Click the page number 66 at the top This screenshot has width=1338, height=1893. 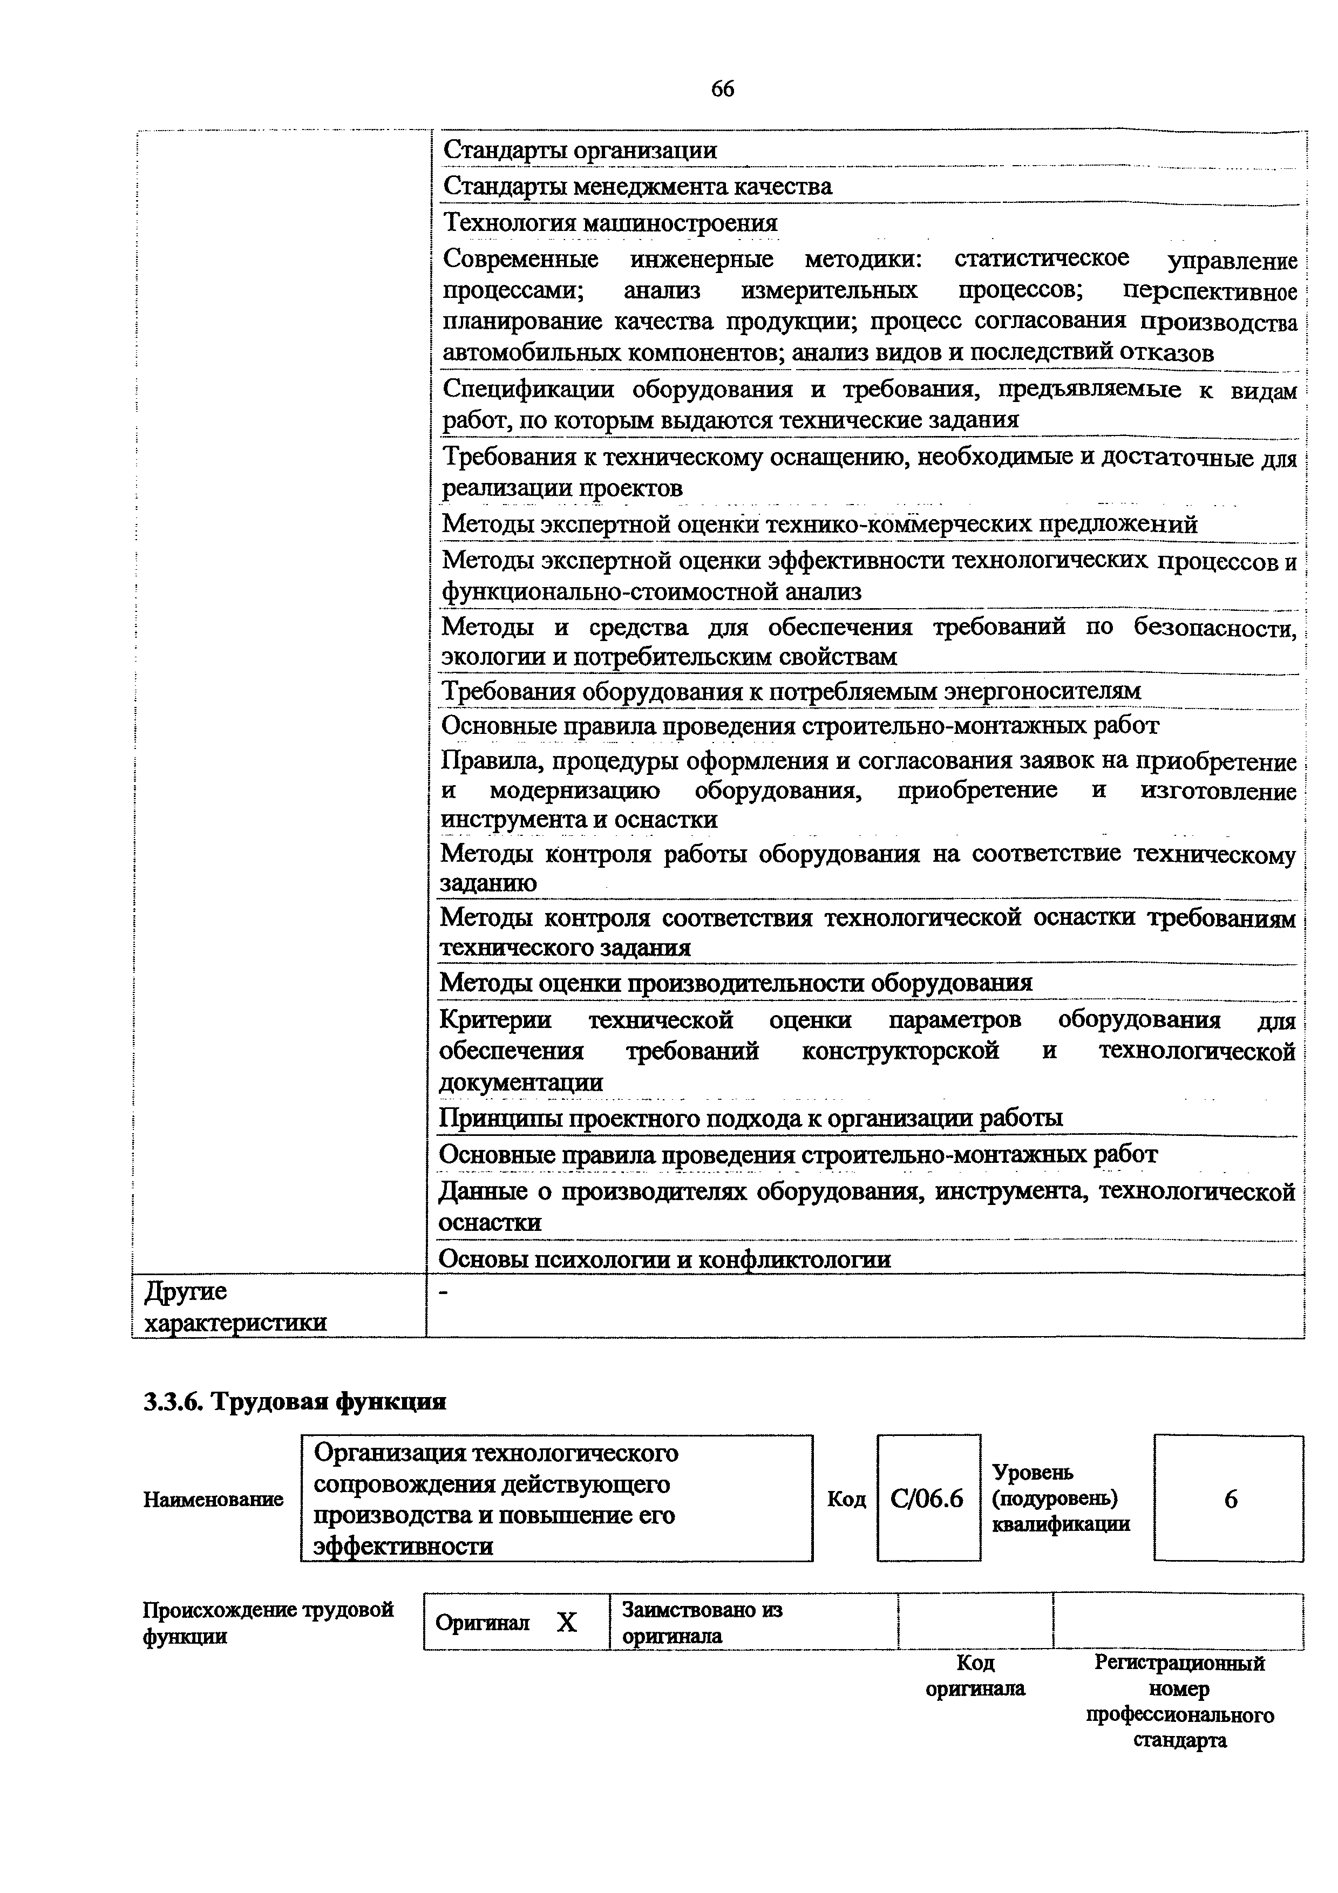[x=722, y=89]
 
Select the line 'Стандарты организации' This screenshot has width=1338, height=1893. [x=580, y=150]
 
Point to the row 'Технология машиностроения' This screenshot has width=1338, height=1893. [x=610, y=223]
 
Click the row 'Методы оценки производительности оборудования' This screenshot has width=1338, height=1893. [x=735, y=983]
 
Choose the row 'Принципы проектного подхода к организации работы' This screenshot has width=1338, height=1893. [x=750, y=1118]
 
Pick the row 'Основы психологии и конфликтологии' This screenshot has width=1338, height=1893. [x=664, y=1259]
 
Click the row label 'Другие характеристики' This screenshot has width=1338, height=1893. [x=235, y=1307]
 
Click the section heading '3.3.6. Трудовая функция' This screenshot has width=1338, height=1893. [x=295, y=1401]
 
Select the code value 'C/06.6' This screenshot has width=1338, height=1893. [x=927, y=1499]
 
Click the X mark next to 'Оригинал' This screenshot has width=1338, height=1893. [x=566, y=1623]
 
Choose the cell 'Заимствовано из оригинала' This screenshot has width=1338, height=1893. [x=702, y=1623]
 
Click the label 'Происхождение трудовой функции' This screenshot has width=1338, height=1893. [x=268, y=1623]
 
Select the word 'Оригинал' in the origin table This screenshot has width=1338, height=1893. [x=483, y=1623]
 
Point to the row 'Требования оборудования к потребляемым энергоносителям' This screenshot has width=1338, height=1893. [x=791, y=691]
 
